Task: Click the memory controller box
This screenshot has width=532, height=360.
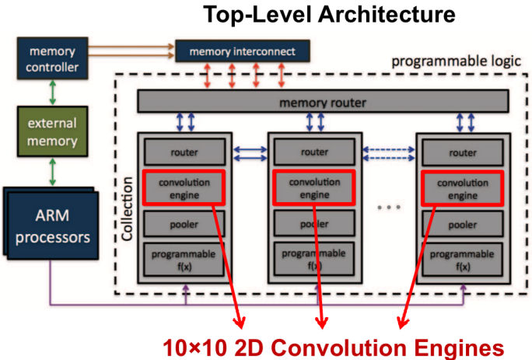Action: pos(51,59)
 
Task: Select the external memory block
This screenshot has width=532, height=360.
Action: pos(51,135)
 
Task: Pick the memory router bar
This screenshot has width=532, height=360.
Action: pos(323,102)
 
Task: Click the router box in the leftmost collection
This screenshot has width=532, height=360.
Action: pos(183,152)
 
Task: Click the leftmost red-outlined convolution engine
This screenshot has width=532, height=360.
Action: pos(184,187)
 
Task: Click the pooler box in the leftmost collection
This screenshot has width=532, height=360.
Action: pos(183,224)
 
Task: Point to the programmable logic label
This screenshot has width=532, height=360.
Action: pos(457,61)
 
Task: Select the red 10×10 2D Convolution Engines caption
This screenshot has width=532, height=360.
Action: pos(327,344)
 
